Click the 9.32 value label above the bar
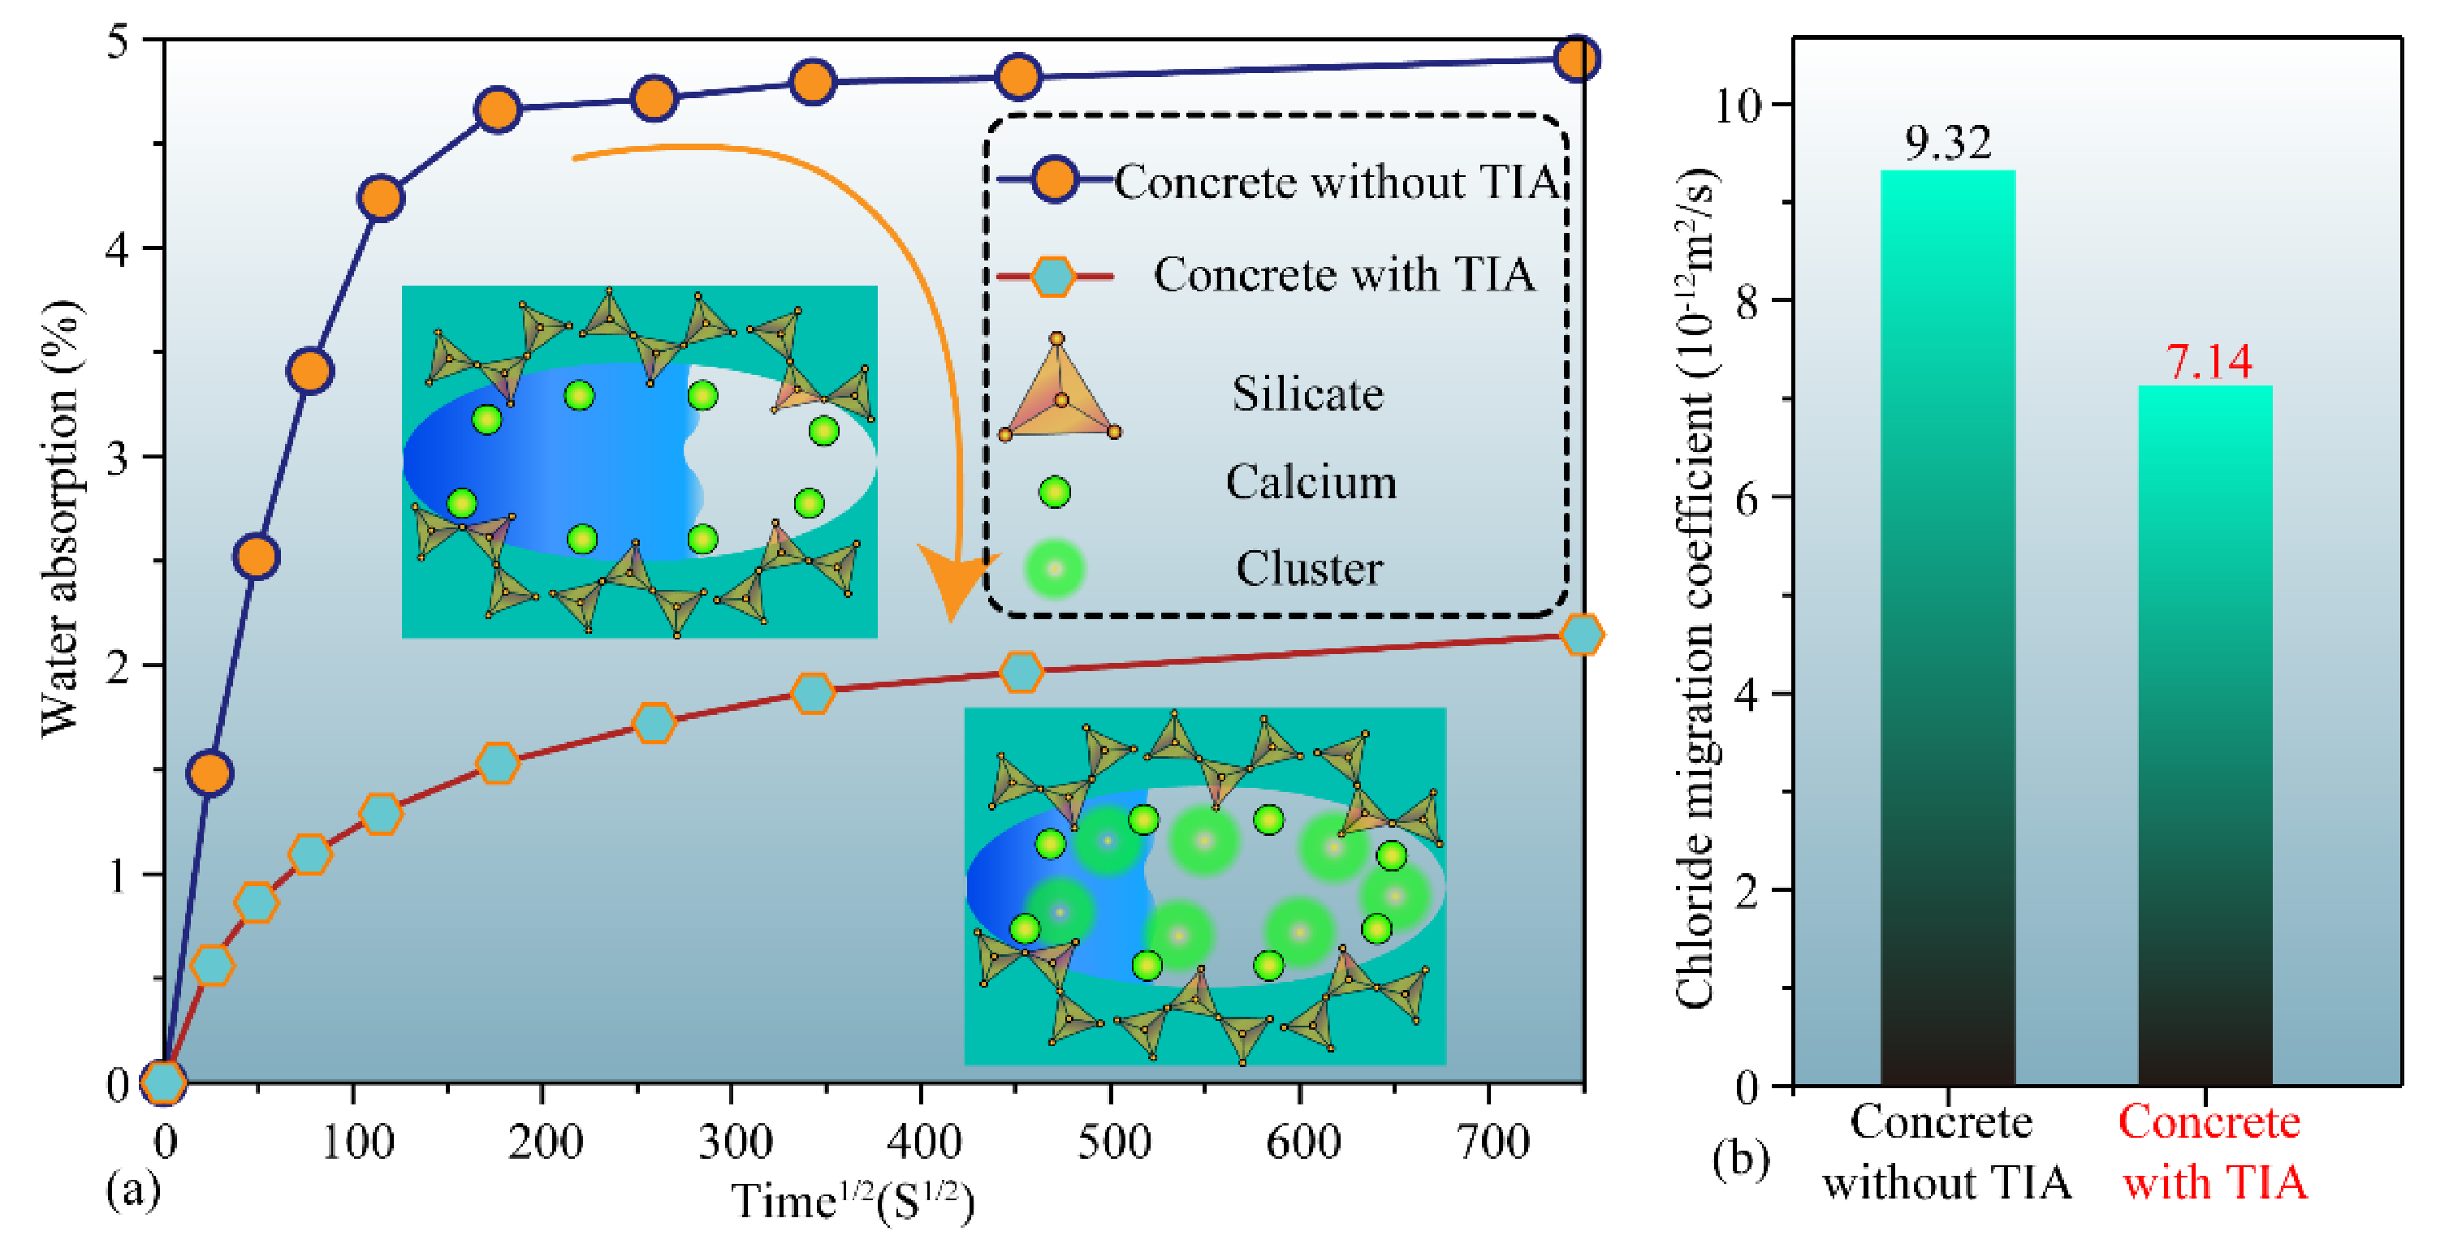[x=1947, y=143]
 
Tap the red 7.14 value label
[x=2209, y=361]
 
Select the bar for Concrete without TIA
[x=1947, y=627]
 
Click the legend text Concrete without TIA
[x=1336, y=182]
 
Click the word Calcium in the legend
[x=1311, y=482]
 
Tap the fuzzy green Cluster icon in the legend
[x=1054, y=568]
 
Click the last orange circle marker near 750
[x=1576, y=59]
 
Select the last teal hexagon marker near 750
[x=1582, y=634]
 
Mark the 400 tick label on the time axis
[x=922, y=1140]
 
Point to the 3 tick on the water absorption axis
[x=117, y=458]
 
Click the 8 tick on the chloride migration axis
[x=1747, y=301]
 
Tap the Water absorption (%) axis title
[x=61, y=518]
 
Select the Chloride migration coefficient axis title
[x=1695, y=589]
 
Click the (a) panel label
[x=132, y=1188]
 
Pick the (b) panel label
[x=1740, y=1160]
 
